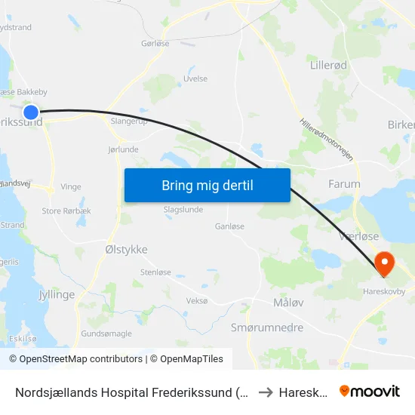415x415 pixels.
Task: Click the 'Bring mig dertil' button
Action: point(207,186)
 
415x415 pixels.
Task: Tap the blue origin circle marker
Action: point(31,112)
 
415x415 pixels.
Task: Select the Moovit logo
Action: point(370,391)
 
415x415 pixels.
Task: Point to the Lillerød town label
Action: point(328,66)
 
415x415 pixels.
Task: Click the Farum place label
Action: point(344,183)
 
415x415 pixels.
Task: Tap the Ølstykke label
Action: point(126,249)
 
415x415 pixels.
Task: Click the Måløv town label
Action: point(287,303)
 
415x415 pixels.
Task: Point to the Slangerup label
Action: point(128,120)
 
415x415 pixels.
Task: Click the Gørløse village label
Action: point(155,45)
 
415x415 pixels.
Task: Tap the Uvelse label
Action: point(195,78)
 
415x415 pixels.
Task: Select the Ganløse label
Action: point(229,226)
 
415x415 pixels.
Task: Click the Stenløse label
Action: point(155,272)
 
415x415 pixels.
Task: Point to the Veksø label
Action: point(196,300)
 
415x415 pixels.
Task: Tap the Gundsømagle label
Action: point(106,334)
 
